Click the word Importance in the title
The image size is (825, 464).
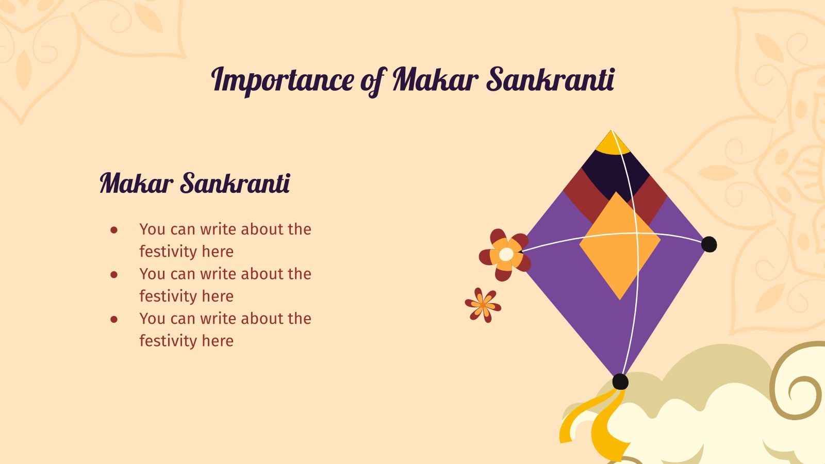[283, 80]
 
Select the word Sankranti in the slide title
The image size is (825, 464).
[550, 80]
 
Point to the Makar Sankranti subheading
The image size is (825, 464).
[195, 183]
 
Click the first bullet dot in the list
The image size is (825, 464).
[114, 230]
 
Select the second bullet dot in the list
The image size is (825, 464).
[114, 275]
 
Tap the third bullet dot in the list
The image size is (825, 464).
[114, 320]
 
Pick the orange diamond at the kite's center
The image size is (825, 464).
[619, 245]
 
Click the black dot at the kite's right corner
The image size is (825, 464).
[709, 244]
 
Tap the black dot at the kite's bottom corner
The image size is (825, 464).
[620, 382]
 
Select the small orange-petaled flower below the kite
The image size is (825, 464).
[483, 305]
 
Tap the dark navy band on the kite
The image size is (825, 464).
[614, 173]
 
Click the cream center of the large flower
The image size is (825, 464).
[506, 254]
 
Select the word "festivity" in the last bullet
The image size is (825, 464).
[164, 341]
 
